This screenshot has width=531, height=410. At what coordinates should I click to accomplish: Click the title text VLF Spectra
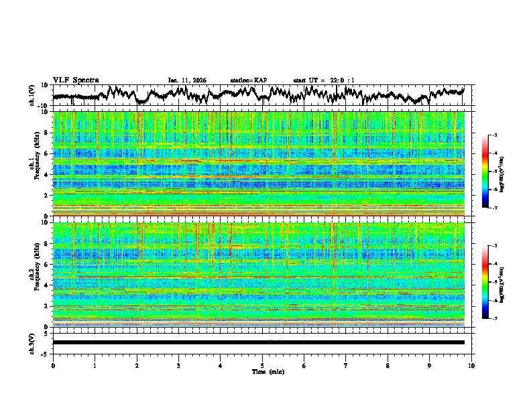tap(76, 80)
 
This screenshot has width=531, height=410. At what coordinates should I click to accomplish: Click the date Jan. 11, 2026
tap(187, 80)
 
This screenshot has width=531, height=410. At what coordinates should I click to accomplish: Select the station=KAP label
tap(248, 80)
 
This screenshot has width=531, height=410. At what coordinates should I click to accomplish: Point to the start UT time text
tap(324, 80)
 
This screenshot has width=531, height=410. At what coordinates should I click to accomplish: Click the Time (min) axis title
tap(262, 371)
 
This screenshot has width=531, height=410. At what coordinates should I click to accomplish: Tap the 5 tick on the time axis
tap(262, 365)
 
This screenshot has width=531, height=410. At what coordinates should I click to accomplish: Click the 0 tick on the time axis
tap(53, 365)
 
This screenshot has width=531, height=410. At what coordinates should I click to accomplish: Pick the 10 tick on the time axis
tap(471, 365)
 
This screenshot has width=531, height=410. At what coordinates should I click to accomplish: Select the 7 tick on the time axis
tap(346, 365)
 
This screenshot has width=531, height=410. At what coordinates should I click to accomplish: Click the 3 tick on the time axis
tap(178, 365)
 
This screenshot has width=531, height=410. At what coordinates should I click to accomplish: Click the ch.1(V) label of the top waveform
tap(33, 95)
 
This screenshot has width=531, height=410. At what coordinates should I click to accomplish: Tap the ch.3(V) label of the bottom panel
tap(33, 342)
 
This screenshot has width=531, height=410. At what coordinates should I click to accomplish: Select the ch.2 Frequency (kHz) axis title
tap(36, 273)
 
